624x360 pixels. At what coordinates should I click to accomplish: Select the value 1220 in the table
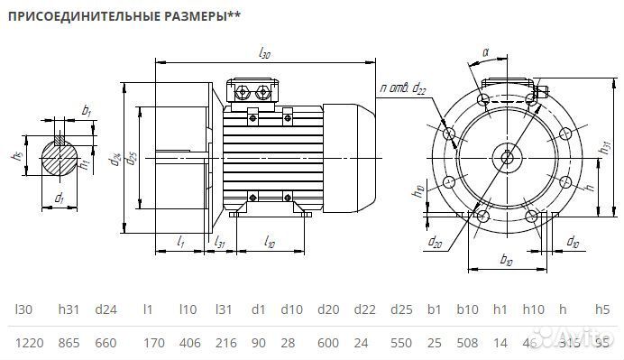(x=29, y=342)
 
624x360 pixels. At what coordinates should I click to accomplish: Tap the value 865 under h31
(x=69, y=342)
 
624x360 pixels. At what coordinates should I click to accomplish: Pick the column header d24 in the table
(x=106, y=309)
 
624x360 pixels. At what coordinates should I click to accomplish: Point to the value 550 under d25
(x=402, y=342)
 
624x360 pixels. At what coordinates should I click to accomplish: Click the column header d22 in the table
(x=363, y=309)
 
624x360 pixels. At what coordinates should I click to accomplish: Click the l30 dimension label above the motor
(x=264, y=54)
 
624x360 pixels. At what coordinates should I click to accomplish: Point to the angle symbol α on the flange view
(x=484, y=53)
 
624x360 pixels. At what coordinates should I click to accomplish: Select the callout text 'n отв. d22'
(x=403, y=88)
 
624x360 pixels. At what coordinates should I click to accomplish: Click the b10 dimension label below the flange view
(x=506, y=260)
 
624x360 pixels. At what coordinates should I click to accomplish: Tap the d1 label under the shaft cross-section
(x=59, y=197)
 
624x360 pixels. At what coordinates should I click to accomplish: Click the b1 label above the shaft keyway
(x=87, y=110)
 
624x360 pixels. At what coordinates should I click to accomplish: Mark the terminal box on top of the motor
(x=254, y=92)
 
